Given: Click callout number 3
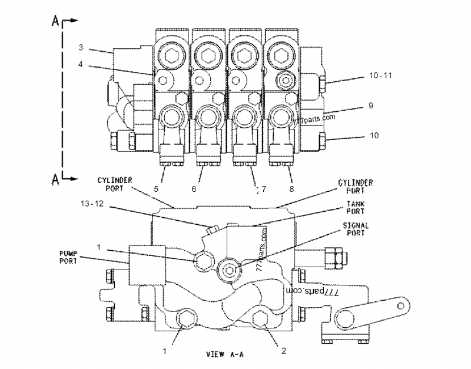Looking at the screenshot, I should (82, 46).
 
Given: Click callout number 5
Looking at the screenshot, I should (156, 189).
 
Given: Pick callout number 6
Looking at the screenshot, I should (194, 189).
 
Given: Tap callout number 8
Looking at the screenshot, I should (291, 189).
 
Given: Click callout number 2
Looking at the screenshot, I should (283, 351).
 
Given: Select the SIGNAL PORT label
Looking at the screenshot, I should (356, 229).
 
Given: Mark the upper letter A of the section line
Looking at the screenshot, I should (55, 22).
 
